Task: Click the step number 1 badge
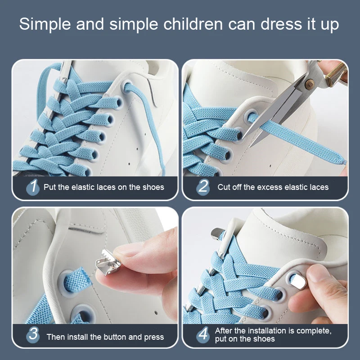point(32,187)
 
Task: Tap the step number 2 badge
point(203,187)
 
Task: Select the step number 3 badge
point(32,335)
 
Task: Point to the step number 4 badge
point(203,335)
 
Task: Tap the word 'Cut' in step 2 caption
point(224,187)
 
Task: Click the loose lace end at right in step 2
point(340,162)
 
